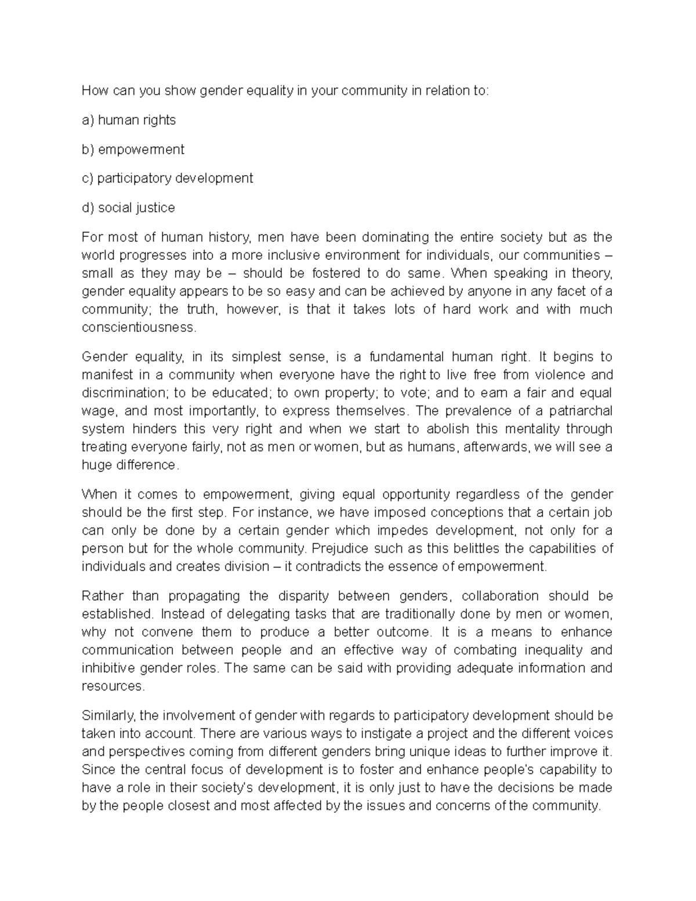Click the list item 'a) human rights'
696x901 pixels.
[x=128, y=120]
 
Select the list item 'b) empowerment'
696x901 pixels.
[x=133, y=149]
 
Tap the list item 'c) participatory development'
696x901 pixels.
[x=167, y=178]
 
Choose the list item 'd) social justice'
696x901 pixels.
[x=128, y=208]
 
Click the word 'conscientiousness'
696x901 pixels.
[x=138, y=327]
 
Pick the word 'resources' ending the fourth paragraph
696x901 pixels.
[x=111, y=686]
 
